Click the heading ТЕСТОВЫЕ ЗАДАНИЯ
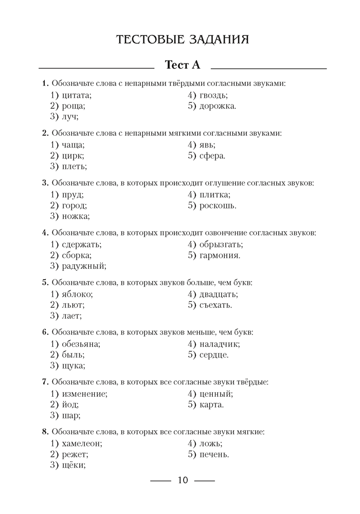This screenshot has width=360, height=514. (x=183, y=40)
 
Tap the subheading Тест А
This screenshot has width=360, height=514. (x=182, y=65)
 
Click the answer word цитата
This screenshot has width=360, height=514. (x=76, y=95)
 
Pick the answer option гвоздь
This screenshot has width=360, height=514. (x=213, y=95)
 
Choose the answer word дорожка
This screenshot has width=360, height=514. (x=218, y=106)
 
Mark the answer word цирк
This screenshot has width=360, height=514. (x=72, y=155)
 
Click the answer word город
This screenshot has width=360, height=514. (x=74, y=205)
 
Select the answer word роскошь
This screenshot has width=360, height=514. (x=218, y=205)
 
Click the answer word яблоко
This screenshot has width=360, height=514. (x=77, y=294)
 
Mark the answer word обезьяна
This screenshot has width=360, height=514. (x=80, y=344)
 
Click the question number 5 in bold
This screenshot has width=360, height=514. (x=45, y=282)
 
